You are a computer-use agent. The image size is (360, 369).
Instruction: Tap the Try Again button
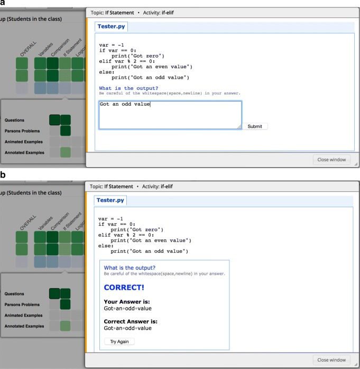coord(119,342)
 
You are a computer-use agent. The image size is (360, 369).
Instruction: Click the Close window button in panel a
coord(331,159)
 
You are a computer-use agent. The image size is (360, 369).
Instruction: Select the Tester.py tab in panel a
coord(112,26)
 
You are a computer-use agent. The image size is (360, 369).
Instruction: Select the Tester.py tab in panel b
coord(110,200)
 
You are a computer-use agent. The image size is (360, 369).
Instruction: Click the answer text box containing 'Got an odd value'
coord(170,114)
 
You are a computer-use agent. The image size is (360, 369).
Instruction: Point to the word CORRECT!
coord(124,288)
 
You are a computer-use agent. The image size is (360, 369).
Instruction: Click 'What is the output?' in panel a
coord(128,88)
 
